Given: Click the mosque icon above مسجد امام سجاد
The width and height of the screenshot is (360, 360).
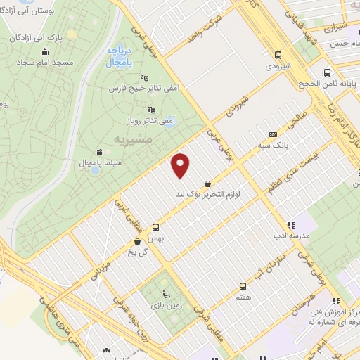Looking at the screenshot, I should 44,51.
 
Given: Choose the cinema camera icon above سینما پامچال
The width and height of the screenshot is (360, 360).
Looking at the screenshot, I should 99,151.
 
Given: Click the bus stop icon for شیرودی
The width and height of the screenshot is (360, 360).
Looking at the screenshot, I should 278,55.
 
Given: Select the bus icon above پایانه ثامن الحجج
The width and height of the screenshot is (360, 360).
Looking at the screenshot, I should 327,72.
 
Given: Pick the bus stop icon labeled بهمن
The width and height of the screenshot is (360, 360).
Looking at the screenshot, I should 155,227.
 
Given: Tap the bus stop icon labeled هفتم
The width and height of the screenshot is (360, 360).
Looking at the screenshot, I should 243,286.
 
